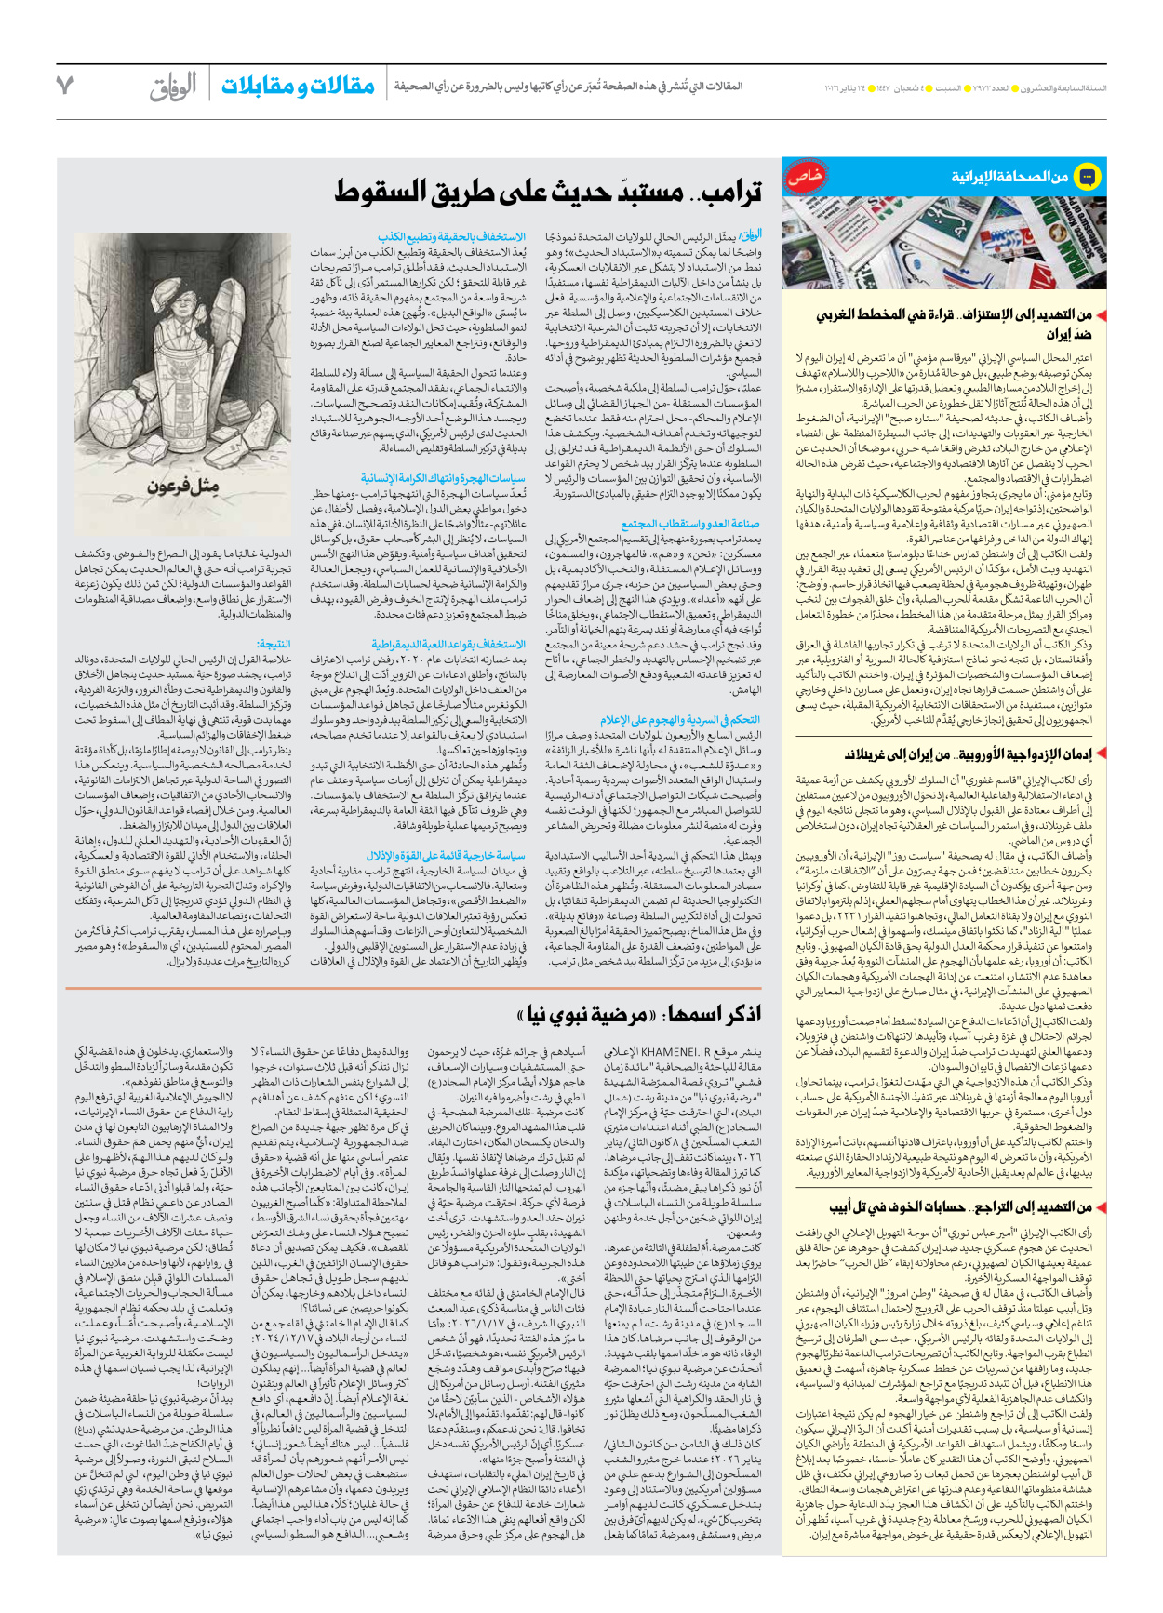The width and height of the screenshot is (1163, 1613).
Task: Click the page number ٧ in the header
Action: point(64,85)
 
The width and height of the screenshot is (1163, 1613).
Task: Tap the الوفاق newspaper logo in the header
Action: point(173,86)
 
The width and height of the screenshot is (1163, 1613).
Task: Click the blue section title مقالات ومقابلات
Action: point(298,86)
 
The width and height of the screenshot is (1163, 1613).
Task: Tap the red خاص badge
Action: point(805,178)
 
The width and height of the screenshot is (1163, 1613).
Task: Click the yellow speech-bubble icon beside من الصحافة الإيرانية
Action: point(1087,176)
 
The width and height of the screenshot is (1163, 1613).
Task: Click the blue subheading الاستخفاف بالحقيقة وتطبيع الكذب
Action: point(451,237)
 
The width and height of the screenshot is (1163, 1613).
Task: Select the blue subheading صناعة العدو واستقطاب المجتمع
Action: point(690,524)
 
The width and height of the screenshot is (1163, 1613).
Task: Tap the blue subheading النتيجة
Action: point(274,644)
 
